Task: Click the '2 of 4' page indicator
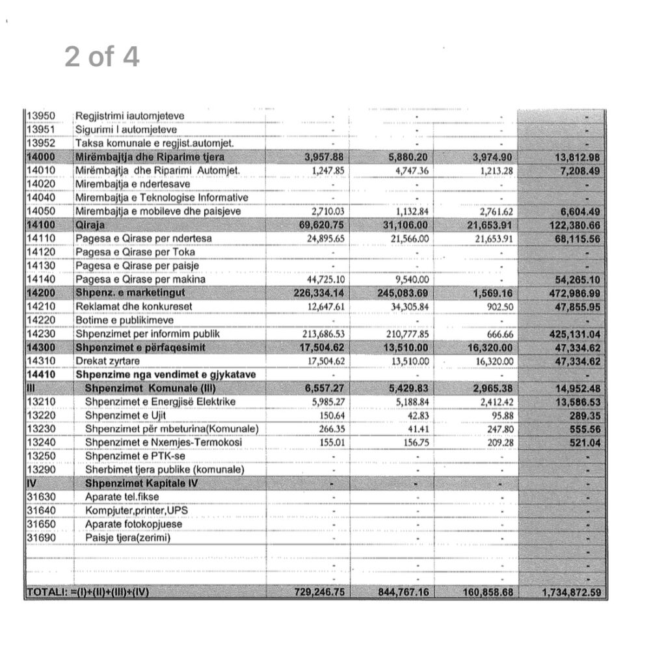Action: [x=101, y=57]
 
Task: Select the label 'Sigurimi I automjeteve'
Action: [x=122, y=129]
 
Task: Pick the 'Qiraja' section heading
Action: [x=90, y=225]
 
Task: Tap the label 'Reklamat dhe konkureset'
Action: [x=134, y=307]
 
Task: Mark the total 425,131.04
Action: [x=574, y=334]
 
